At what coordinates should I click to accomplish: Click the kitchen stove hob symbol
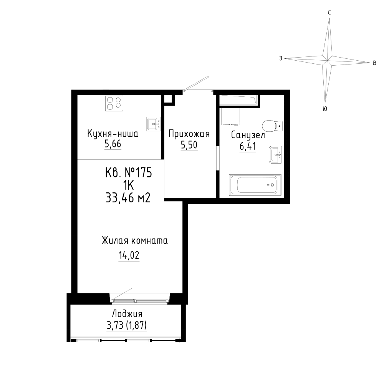coord(114,103)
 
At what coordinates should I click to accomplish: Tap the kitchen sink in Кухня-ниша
coord(154,124)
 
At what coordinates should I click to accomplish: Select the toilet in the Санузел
coord(272,126)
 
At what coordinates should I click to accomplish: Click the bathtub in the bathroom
coord(255,185)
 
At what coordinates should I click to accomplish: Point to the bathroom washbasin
coord(275,154)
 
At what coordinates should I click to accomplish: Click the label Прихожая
coord(189,134)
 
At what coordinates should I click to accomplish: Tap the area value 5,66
coord(113,144)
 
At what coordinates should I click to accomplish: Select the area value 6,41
coord(248,146)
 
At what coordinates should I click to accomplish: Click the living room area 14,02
coord(129,255)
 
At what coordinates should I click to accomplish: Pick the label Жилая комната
coord(135,241)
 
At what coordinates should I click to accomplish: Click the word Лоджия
coord(127,314)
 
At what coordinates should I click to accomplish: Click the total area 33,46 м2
coord(128,198)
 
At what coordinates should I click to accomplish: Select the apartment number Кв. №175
coord(129,173)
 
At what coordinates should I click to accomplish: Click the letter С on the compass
coord(329,13)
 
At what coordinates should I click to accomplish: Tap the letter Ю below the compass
coord(325,109)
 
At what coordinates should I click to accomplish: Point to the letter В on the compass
coord(374,63)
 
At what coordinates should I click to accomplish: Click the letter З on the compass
coord(281,58)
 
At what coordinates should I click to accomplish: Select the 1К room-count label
coord(128,185)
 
